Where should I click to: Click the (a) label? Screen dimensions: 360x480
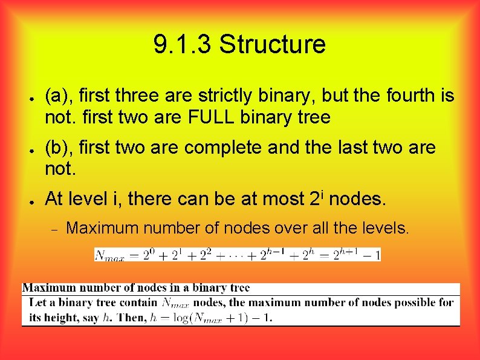point(59,96)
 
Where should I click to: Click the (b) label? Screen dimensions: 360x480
point(59,148)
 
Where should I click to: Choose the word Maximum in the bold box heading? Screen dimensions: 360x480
point(46,289)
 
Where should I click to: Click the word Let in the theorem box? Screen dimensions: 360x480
point(37,303)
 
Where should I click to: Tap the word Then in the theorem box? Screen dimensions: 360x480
point(132,317)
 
